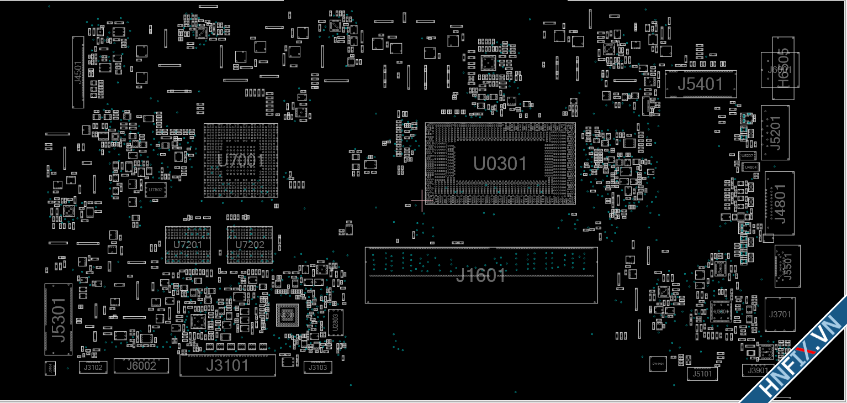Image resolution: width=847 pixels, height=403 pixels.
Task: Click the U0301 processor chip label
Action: point(500,164)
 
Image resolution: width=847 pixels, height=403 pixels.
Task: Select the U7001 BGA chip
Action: point(241,160)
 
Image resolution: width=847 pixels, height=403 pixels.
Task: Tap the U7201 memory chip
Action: point(188,244)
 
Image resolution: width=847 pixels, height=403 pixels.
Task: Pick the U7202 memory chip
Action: point(250,244)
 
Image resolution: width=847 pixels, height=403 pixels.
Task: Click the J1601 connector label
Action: point(480,275)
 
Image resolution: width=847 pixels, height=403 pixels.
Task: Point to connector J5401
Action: point(700,84)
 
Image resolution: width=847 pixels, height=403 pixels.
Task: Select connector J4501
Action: point(78,72)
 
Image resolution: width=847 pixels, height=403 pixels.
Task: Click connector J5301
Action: point(58,319)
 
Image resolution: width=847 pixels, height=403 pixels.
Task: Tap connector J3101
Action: point(227,365)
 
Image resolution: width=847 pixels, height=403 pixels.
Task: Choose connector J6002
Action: point(141,365)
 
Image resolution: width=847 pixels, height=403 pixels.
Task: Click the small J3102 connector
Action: point(93,367)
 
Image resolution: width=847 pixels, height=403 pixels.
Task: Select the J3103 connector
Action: point(318,367)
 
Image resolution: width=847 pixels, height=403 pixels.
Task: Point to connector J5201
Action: point(775,133)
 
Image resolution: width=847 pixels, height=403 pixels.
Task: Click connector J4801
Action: point(779,203)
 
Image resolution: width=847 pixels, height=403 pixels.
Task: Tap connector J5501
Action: point(787,266)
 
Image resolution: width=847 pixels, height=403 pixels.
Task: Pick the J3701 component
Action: point(780,315)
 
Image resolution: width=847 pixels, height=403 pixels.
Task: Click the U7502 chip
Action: point(155,190)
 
